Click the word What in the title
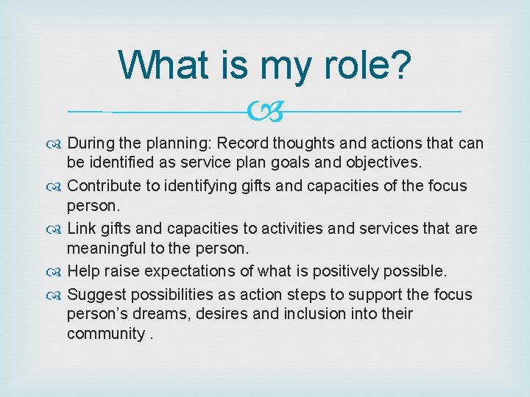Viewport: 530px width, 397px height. [163, 65]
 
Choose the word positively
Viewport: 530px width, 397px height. [343, 272]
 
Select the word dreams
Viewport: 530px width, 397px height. [159, 315]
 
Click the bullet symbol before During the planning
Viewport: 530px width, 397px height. [56, 144]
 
